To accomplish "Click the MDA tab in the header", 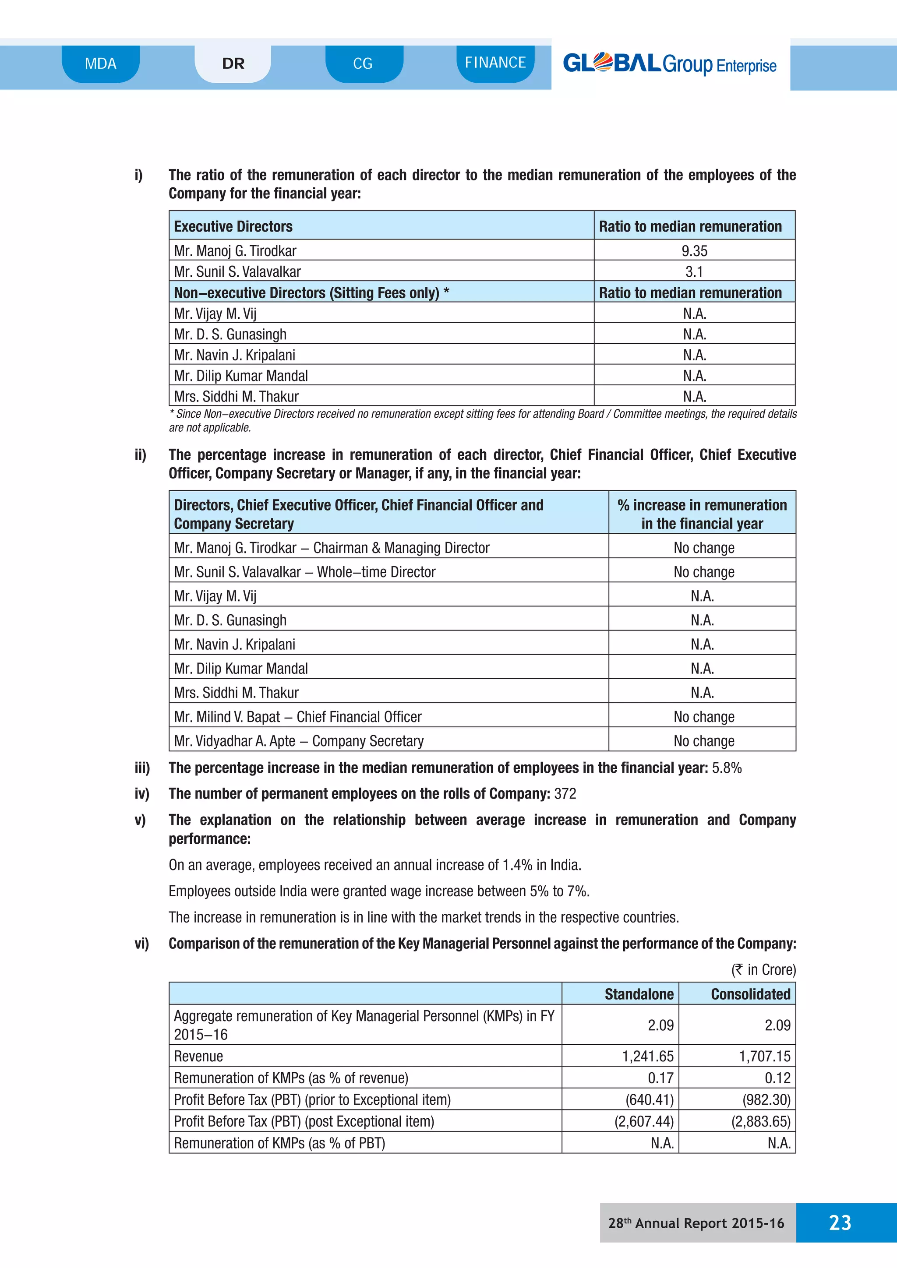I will click(x=101, y=63).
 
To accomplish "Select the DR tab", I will click(x=233, y=63).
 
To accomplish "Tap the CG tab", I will click(x=363, y=63).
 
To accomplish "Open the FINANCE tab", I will click(x=495, y=63).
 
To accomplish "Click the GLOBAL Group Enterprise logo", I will click(x=669, y=64).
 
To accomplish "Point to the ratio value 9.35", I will click(x=694, y=251).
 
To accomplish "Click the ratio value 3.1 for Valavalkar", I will click(x=694, y=272).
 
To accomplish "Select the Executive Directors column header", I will click(x=233, y=226).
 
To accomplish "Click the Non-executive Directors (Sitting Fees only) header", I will click(x=311, y=293).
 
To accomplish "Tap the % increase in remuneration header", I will click(x=702, y=514).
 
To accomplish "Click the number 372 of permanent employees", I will click(x=565, y=794).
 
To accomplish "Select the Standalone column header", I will click(x=639, y=994).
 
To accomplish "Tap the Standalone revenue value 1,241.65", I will click(x=648, y=1057).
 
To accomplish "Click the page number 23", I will click(x=840, y=1223).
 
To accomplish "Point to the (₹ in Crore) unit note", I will click(x=763, y=970).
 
